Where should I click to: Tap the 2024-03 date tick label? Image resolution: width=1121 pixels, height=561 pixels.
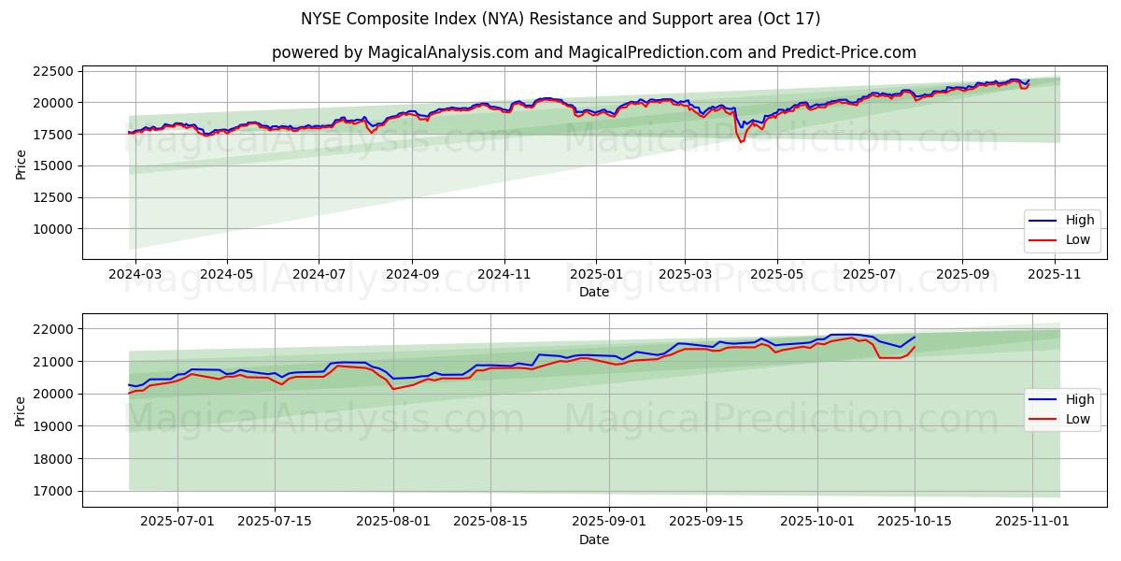135,275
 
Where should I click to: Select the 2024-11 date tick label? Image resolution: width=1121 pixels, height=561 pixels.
504,275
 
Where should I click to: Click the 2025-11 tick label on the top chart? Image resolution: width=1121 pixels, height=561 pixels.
1054,275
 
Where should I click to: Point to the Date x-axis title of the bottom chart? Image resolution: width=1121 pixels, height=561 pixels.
594,539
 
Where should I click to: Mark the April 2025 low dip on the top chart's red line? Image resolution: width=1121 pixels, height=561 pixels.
741,142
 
